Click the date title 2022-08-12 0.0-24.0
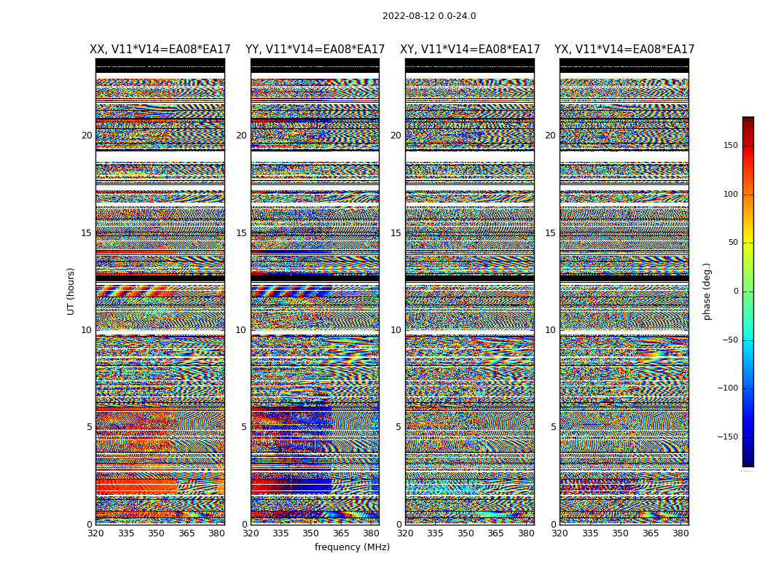429,16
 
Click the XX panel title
160,50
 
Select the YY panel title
315,50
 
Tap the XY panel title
470,50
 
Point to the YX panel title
624,50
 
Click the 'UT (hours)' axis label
71,291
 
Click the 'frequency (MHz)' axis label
352,547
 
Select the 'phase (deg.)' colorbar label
707,291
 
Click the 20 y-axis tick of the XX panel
87,136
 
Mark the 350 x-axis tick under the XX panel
157,533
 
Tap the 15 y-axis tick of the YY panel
241,233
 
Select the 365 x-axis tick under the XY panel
496,533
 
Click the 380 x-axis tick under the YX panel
680,533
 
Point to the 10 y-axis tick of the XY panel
396,330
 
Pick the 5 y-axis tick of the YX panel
553,427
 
